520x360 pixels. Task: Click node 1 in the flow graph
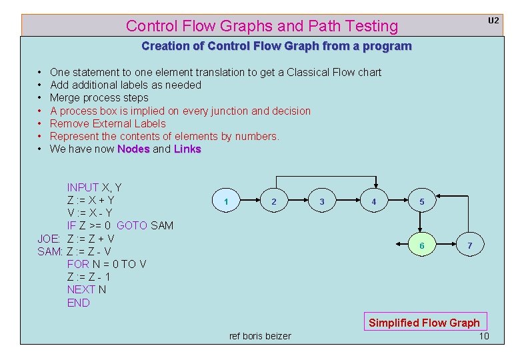(x=227, y=201)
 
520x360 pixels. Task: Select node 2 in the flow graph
(x=274, y=201)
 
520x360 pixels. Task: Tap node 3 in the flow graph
(x=322, y=201)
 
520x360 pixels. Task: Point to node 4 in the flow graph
(x=373, y=201)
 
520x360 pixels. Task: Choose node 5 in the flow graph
(x=421, y=201)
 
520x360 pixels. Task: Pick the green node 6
(x=421, y=246)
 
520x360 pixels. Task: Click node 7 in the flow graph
(x=469, y=246)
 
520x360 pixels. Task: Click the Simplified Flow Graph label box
(x=424, y=323)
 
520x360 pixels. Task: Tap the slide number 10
(x=484, y=335)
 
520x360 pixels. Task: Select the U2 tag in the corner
(x=493, y=21)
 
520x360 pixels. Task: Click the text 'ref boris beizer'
(x=260, y=336)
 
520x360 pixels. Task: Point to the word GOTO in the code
(x=132, y=226)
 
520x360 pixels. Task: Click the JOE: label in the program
(x=49, y=239)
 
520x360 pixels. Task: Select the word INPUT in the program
(x=83, y=187)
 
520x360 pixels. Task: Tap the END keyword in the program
(x=78, y=303)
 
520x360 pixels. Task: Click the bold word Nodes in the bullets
(x=133, y=149)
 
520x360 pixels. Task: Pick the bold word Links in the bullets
(x=187, y=149)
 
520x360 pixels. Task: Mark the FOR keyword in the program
(x=77, y=264)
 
